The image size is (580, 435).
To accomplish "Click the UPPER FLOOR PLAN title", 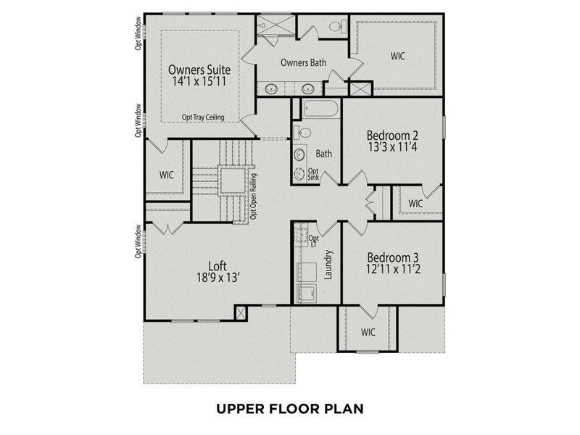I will [x=289, y=408].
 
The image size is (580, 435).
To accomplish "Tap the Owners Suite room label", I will [x=199, y=70].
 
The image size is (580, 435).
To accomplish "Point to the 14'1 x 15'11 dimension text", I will [x=199, y=83].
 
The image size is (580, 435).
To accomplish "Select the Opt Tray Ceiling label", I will [x=203, y=117].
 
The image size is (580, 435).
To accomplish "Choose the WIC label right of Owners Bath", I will [x=398, y=55].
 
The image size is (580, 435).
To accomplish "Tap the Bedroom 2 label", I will [x=392, y=135].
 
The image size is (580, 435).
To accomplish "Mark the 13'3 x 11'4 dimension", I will [x=392, y=148].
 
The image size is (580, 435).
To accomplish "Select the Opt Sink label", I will [x=313, y=174].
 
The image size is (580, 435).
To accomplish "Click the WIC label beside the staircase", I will [x=167, y=175].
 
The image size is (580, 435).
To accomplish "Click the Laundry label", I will [x=328, y=265].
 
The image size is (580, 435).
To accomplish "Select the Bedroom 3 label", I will [x=392, y=257].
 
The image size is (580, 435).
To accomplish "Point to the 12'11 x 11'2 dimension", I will [x=392, y=270].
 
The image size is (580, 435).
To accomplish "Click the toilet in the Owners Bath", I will [x=336, y=27].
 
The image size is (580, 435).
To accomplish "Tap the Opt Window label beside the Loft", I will [x=138, y=241].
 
